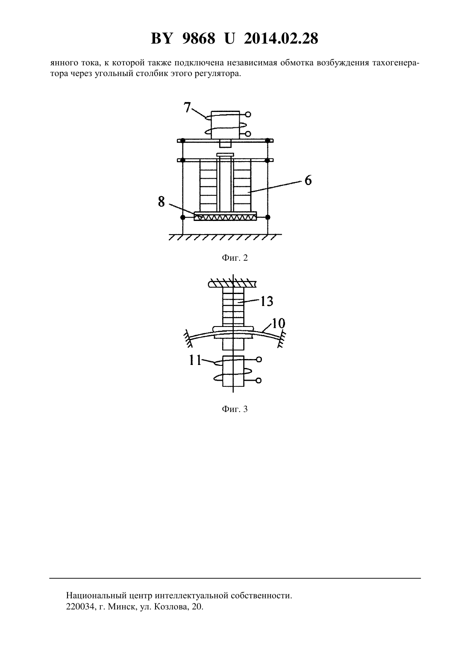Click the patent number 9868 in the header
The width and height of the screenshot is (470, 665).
[x=199, y=38]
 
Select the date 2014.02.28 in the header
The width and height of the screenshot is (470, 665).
[x=281, y=38]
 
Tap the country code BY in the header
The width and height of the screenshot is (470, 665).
[x=162, y=38]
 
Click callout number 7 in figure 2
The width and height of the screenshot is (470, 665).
[x=187, y=107]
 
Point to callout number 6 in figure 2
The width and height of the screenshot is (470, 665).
[x=308, y=180]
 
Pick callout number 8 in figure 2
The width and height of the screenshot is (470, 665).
[x=161, y=202]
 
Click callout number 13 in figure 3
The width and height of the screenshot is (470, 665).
[x=267, y=301]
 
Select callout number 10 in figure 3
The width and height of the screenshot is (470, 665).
[x=278, y=323]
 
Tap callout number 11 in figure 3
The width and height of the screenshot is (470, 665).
[x=195, y=360]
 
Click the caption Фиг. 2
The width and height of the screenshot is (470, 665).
[x=235, y=258]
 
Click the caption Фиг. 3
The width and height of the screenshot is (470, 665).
[x=235, y=409]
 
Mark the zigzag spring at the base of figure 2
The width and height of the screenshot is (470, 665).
[x=225, y=217]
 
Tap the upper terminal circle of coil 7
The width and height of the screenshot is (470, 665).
[x=248, y=114]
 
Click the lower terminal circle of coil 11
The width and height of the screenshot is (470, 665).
[x=258, y=380]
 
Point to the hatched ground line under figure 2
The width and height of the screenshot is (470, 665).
[x=225, y=237]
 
